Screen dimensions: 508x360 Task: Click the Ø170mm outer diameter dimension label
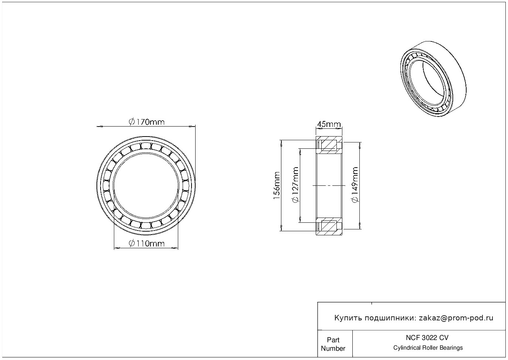pyautogui.click(x=146, y=122)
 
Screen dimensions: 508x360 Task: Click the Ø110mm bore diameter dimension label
pyautogui.click(x=146, y=243)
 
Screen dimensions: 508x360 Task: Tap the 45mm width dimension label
pyautogui.click(x=329, y=124)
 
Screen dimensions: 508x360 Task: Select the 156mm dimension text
pyautogui.click(x=277, y=186)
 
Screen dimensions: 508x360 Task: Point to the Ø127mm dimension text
pyautogui.click(x=295, y=185)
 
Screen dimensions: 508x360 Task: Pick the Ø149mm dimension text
pyautogui.click(x=355, y=185)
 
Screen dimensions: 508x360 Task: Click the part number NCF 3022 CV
pyautogui.click(x=427, y=338)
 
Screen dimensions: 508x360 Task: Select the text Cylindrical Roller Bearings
pyautogui.click(x=428, y=348)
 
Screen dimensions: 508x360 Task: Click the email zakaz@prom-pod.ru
pyautogui.click(x=456, y=318)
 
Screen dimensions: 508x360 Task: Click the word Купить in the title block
pyautogui.click(x=348, y=318)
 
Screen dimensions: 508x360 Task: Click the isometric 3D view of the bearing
pyautogui.click(x=433, y=79)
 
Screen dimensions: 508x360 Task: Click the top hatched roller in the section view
pyautogui.click(x=329, y=145)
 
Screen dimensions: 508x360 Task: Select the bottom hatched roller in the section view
pyautogui.click(x=329, y=226)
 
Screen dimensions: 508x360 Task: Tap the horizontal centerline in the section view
pyautogui.click(x=329, y=185)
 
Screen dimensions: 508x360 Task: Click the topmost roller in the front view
pyautogui.click(x=146, y=146)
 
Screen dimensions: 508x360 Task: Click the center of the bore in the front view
pyautogui.click(x=146, y=186)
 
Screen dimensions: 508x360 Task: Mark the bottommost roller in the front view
pyautogui.click(x=146, y=225)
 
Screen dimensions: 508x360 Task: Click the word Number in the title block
pyautogui.click(x=333, y=349)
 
